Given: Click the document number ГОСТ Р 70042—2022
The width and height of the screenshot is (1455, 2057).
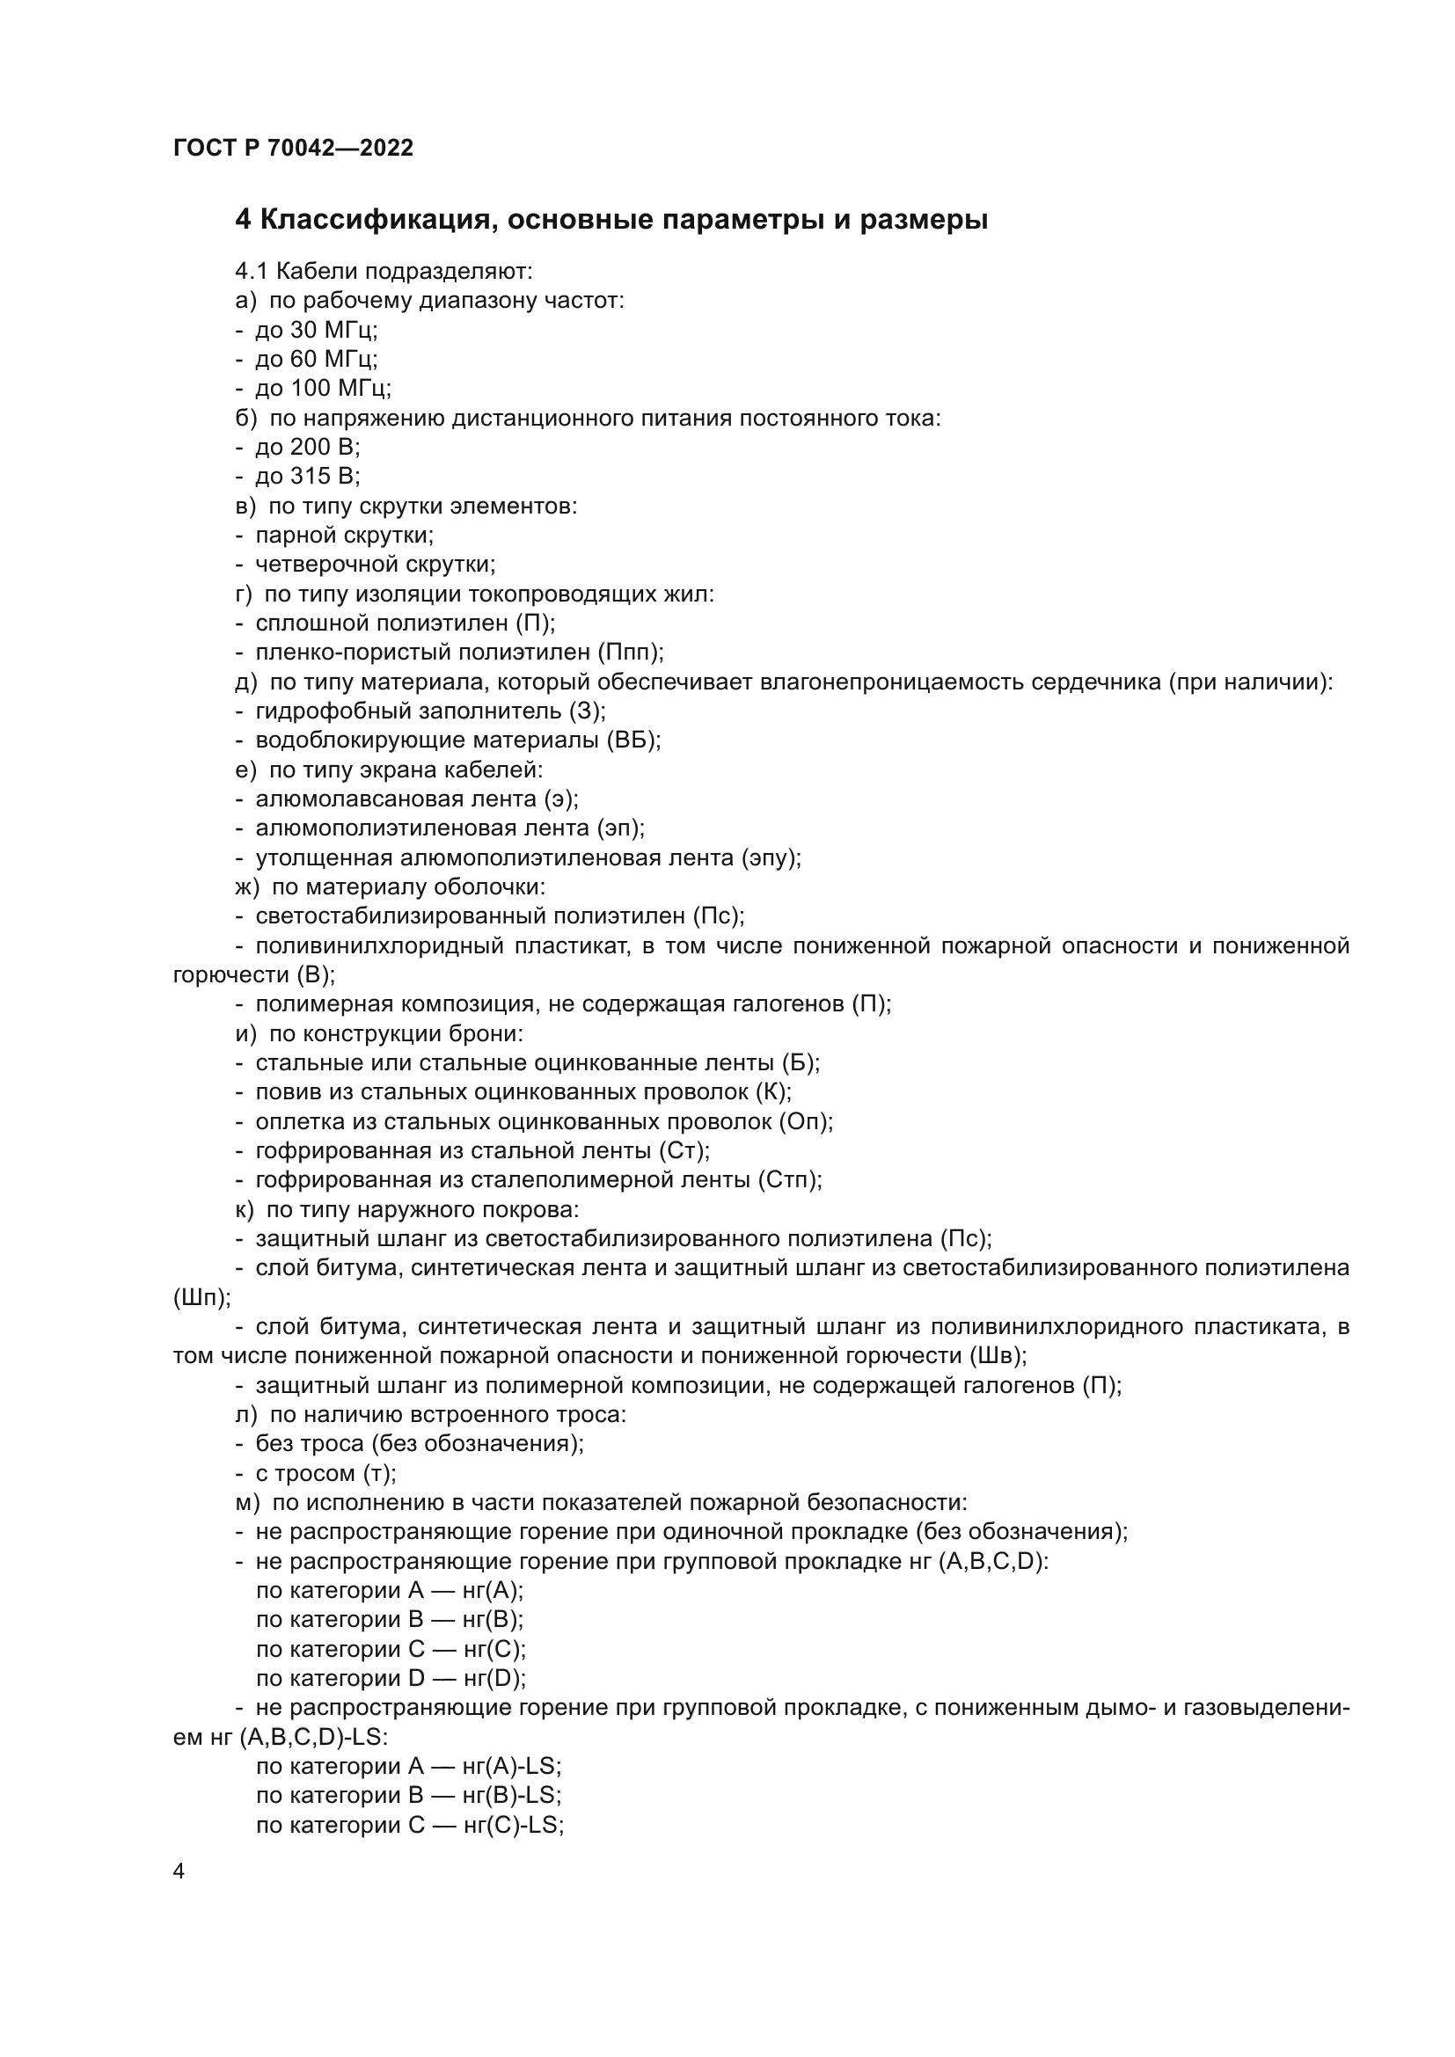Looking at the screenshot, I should click(293, 148).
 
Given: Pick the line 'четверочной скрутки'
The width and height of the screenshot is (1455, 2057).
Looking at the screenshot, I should click(375, 564).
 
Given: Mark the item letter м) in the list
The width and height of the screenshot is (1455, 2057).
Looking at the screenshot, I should click(246, 1502).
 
